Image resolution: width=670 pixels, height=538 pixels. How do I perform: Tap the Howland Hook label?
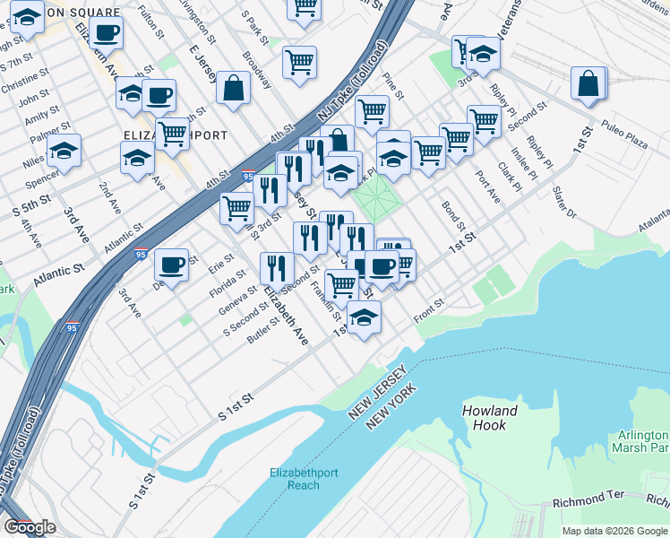[490, 418]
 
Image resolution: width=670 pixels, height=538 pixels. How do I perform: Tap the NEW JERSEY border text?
[379, 392]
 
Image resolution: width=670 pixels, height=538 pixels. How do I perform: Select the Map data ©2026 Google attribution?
[614, 531]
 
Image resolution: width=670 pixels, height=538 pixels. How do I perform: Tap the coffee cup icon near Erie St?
[171, 265]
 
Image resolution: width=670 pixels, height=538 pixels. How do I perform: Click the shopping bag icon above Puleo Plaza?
[588, 83]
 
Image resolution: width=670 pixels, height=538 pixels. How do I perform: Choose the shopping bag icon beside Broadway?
[233, 89]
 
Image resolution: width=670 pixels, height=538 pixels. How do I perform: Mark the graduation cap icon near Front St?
[364, 317]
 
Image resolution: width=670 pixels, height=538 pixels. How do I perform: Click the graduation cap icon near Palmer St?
[64, 152]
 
